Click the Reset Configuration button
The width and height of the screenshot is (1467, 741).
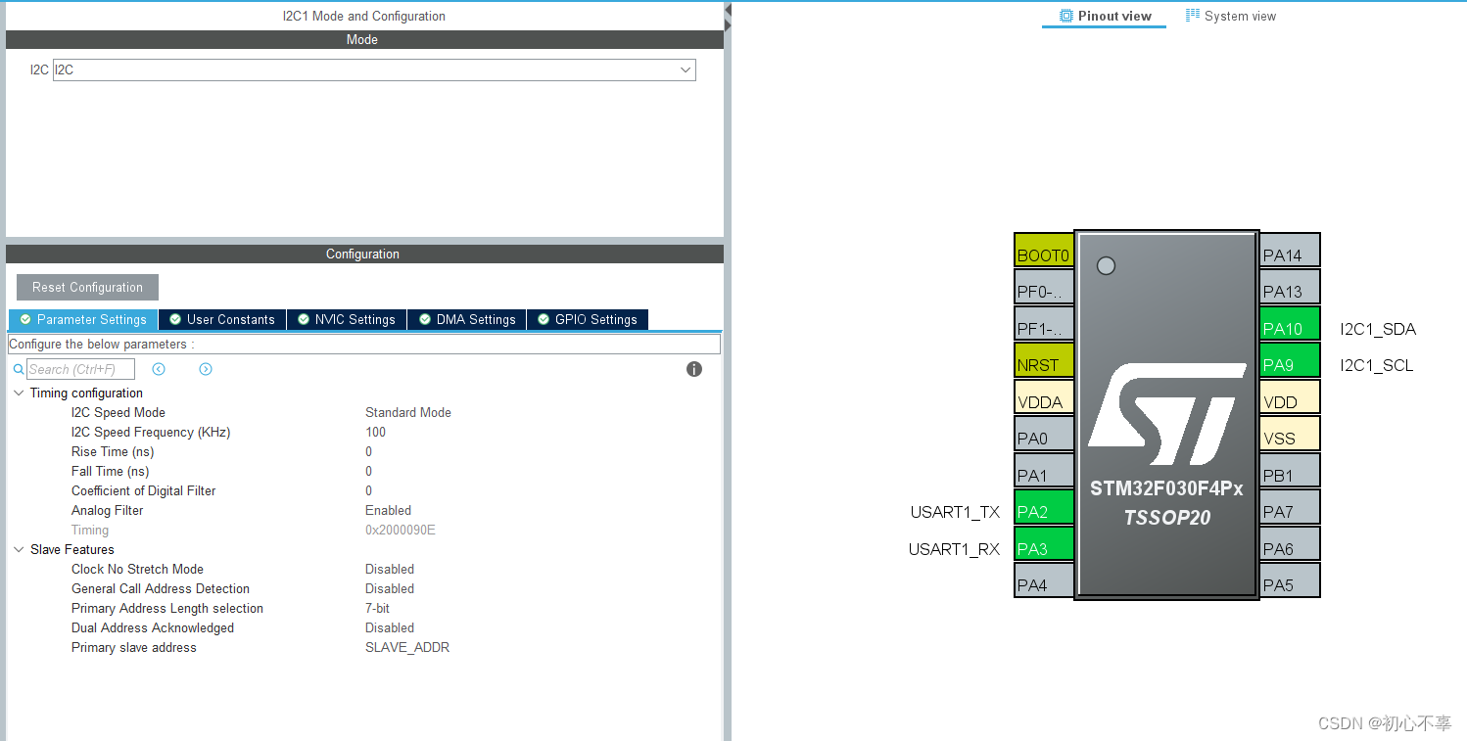pyautogui.click(x=87, y=287)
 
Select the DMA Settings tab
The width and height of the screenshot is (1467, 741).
pyautogui.click(x=467, y=319)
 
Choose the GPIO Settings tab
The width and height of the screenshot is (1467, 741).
pyautogui.click(x=588, y=319)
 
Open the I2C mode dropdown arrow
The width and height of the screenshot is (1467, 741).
pyautogui.click(x=686, y=69)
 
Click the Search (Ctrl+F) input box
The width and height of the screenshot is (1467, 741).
pyautogui.click(x=80, y=369)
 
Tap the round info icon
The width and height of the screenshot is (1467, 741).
pyautogui.click(x=694, y=369)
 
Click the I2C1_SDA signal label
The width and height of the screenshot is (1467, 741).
pyautogui.click(x=1378, y=329)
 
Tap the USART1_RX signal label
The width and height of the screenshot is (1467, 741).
pyautogui.click(x=954, y=549)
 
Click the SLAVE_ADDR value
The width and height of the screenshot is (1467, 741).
pyautogui.click(x=407, y=647)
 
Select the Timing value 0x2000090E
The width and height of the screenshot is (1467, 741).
pyautogui.click(x=400, y=530)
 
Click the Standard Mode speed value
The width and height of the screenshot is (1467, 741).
pyautogui.click(x=408, y=412)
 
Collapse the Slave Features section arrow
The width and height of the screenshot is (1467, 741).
pyautogui.click(x=19, y=549)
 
